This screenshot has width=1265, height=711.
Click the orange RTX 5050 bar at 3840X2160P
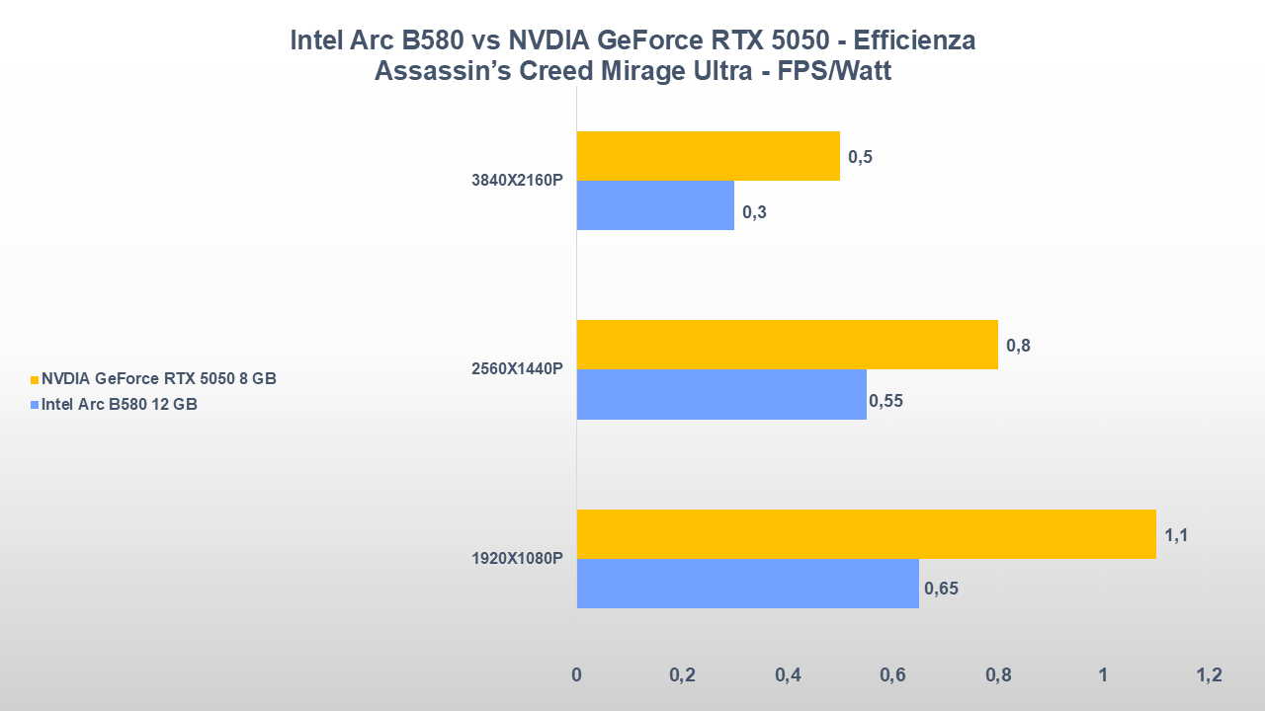(708, 156)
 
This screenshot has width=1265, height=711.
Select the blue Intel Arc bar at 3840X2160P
(655, 205)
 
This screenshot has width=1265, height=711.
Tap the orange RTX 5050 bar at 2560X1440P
(787, 345)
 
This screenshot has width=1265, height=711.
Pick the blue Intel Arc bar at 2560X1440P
(721, 395)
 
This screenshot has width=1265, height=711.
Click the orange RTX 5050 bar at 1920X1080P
(866, 534)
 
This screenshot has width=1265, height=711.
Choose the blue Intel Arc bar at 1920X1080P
(747, 584)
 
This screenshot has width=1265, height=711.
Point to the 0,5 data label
(860, 157)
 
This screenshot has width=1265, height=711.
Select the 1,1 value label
(1176, 536)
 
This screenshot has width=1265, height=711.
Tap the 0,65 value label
(941, 590)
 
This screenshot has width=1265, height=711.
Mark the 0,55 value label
(885, 401)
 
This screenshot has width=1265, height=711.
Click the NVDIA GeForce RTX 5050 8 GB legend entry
(158, 379)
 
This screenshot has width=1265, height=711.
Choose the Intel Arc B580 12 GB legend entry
(119, 403)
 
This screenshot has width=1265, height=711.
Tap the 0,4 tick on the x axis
(788, 676)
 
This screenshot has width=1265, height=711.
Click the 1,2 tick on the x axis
(1209, 676)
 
